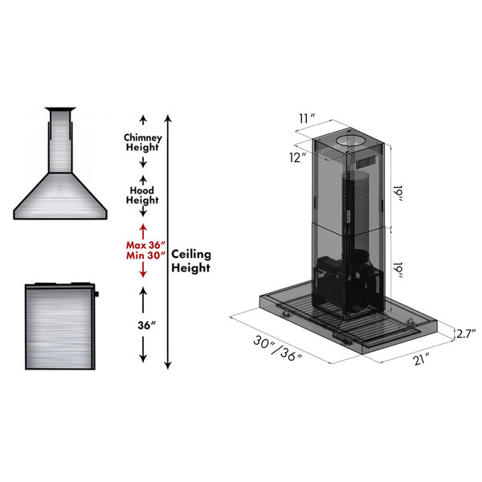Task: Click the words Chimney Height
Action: (142, 142)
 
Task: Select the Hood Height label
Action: (142, 195)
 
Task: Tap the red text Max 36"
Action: (145, 244)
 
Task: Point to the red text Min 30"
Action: (145, 255)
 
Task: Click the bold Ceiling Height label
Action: (191, 260)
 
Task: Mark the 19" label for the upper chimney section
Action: (399, 193)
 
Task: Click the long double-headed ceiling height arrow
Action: (167, 241)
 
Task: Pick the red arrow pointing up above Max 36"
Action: (143, 230)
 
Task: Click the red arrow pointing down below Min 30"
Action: (143, 271)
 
